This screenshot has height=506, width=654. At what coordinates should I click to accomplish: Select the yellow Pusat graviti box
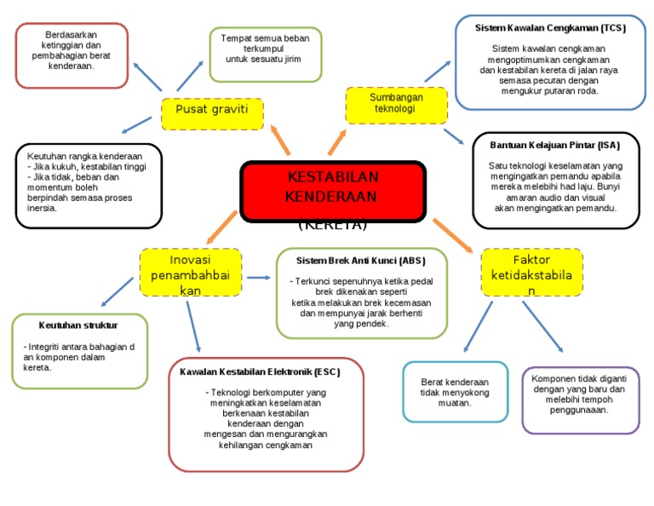[x=212, y=113]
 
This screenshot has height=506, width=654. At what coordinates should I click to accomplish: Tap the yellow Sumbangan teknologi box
[x=396, y=104]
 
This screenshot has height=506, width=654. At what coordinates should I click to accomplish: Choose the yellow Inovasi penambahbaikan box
[x=190, y=273]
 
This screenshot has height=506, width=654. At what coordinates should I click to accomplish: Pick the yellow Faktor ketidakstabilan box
[x=531, y=273]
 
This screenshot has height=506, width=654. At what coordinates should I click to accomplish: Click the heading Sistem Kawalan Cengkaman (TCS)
[x=550, y=28]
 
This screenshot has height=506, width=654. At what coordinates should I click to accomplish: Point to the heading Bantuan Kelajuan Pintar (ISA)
[x=555, y=145]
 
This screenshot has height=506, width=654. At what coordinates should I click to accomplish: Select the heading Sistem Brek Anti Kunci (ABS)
[x=360, y=260]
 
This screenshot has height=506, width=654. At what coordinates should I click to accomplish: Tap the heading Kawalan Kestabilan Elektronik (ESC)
[x=266, y=372]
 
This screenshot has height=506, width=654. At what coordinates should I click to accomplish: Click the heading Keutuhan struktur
[x=78, y=325]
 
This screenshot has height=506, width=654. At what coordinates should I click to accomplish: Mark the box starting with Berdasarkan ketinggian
[x=72, y=55]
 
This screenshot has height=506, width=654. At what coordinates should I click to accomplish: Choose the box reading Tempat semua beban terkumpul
[x=265, y=54]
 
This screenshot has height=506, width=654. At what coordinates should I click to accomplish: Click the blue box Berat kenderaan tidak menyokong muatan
[x=455, y=392]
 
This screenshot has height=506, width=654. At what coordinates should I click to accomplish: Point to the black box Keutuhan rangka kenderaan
[x=88, y=185]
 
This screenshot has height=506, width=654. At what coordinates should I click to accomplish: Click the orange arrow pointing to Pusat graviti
[x=280, y=140]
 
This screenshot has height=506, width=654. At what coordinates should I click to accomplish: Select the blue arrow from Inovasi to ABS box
[x=258, y=279]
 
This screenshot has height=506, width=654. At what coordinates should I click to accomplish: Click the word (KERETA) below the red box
[x=333, y=227]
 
